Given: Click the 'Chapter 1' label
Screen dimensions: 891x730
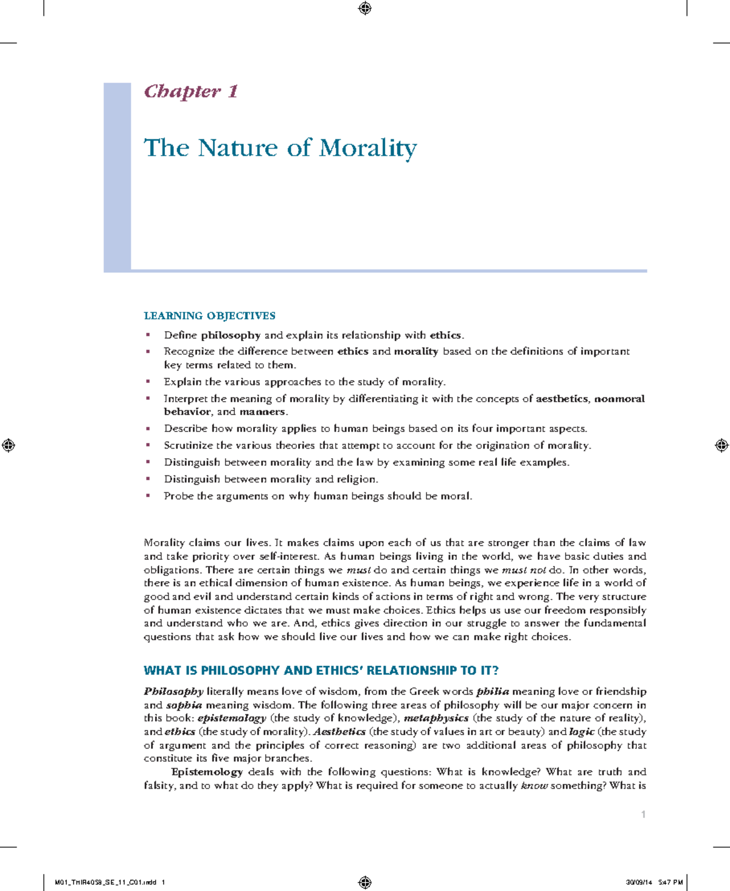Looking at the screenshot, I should click(x=190, y=91).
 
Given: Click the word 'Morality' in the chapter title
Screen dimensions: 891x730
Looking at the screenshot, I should click(x=368, y=148).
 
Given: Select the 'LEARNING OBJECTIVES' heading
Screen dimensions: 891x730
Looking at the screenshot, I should click(x=209, y=315).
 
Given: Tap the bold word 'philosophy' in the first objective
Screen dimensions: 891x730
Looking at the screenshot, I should click(x=231, y=335).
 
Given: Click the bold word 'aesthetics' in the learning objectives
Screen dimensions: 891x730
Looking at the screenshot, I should click(x=561, y=399).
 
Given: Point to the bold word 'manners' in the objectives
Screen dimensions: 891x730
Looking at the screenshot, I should click(x=262, y=412).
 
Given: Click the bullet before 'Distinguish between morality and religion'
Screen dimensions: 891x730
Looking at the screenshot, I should click(x=148, y=479).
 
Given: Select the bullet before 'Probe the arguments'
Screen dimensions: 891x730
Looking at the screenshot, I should click(x=148, y=496).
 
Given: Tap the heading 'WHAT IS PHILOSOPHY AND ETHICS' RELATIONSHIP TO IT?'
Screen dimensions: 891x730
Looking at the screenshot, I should click(x=321, y=671).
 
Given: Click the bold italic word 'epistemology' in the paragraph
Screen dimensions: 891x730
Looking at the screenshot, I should click(x=232, y=718).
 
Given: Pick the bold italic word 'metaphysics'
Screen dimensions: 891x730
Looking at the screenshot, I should click(x=436, y=718).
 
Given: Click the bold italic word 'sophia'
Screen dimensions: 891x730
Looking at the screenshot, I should click(x=184, y=705).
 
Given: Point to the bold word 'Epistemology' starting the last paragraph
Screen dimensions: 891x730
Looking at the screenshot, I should click(x=207, y=772).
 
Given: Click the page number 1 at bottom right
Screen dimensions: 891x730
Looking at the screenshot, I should click(x=643, y=814).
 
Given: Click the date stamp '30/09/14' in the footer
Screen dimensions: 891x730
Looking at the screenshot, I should click(x=638, y=882).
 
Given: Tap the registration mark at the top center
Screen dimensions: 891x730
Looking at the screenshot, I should click(x=365, y=8).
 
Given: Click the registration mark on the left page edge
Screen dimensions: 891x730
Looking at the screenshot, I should click(x=9, y=445).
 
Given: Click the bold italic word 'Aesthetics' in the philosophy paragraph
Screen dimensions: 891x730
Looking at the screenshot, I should click(x=339, y=732).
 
